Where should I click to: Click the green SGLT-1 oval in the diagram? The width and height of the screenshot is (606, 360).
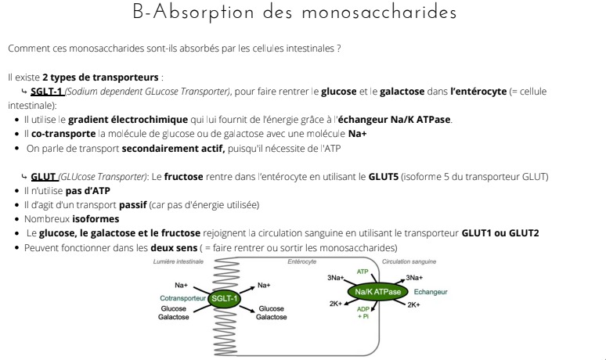(224, 298)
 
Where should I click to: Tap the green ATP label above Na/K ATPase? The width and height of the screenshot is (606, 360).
(363, 271)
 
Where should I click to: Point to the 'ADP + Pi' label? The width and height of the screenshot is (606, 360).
(363, 312)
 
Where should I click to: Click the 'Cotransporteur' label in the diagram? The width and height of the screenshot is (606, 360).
(182, 298)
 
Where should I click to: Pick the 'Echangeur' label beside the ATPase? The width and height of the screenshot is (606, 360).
(430, 292)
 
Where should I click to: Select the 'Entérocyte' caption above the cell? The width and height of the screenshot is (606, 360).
(301, 261)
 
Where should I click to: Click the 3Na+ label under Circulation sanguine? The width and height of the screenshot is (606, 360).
(414, 278)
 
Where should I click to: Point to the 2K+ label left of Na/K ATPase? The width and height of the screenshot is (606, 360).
(335, 304)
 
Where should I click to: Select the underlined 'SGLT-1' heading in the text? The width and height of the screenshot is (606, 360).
(47, 92)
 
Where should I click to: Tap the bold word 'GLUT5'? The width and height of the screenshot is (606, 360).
(384, 176)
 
